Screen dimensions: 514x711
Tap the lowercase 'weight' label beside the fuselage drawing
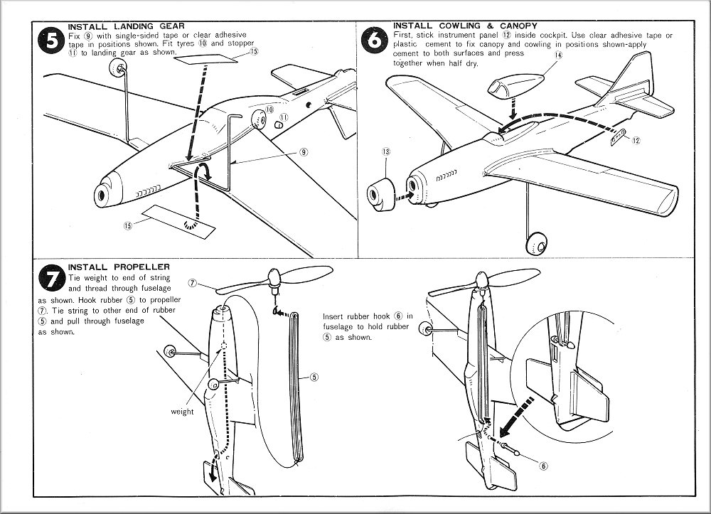(182, 412)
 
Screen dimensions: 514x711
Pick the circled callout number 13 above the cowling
(386, 151)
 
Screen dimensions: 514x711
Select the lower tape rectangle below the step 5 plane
(178, 220)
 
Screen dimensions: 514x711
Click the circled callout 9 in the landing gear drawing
(303, 151)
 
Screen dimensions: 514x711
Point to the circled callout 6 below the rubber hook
(542, 466)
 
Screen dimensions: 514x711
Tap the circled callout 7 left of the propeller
(193, 282)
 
